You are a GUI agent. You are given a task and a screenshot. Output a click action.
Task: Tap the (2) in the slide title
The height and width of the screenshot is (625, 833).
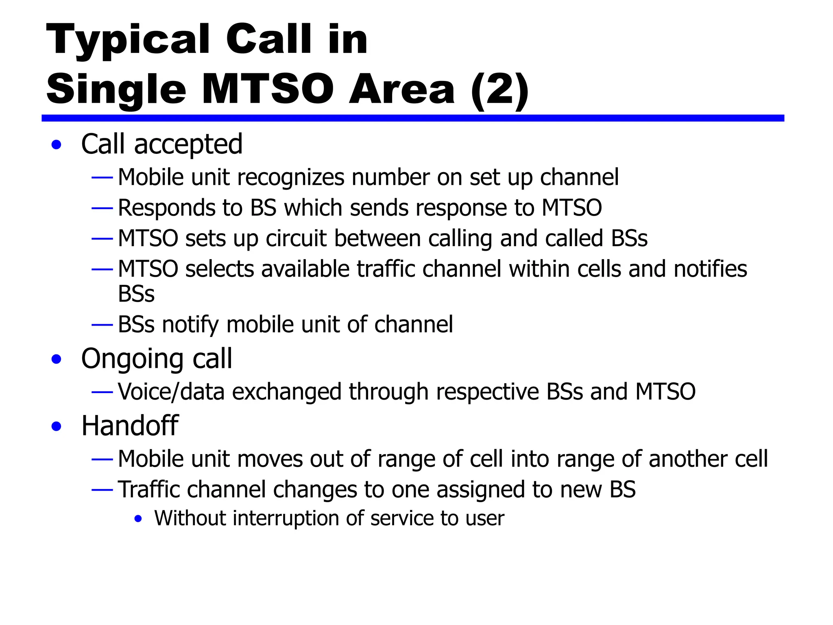[x=499, y=90]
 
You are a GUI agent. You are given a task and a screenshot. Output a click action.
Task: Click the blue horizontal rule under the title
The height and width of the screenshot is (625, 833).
[x=412, y=118]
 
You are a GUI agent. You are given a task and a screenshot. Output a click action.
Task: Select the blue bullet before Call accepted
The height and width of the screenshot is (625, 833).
[x=57, y=145]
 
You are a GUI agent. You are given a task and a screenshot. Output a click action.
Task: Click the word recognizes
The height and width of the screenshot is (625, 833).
[x=290, y=178]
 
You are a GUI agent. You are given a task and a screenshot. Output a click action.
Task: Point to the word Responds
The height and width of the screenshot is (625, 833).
[x=166, y=208]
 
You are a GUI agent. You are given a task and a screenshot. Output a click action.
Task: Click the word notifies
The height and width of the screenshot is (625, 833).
[x=710, y=269]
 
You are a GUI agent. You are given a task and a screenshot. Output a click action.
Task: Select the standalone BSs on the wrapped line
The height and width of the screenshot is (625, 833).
[x=136, y=294]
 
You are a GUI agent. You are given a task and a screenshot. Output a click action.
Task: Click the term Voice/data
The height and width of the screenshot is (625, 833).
[x=171, y=392]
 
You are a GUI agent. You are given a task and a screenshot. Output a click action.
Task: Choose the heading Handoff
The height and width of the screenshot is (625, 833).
[x=130, y=426]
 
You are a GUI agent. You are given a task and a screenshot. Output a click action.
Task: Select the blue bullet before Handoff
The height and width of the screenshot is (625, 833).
[x=57, y=426]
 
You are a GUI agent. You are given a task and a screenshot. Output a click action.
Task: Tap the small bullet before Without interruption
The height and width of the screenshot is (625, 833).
[x=138, y=519]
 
